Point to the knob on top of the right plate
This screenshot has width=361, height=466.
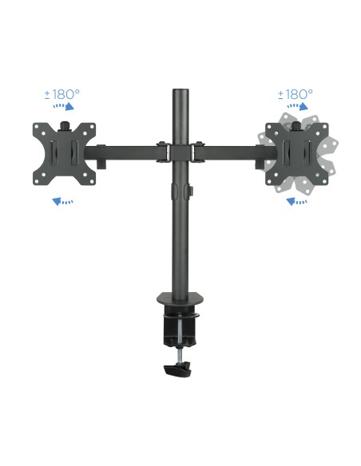click(x=297, y=124)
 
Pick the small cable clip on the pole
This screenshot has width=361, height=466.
click(x=191, y=192)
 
